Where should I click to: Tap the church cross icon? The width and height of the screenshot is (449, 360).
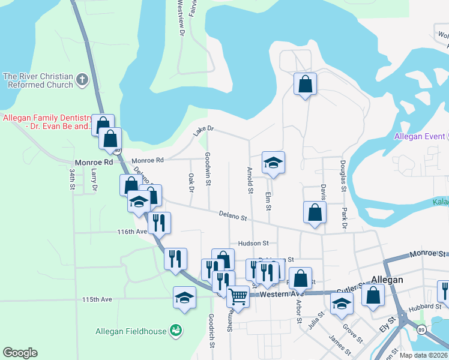pos(82,78)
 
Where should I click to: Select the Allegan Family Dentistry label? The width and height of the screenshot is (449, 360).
pos(48,122)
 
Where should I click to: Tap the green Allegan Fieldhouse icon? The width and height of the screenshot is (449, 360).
pos(175,329)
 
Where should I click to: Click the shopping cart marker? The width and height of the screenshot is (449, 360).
pos(238,296)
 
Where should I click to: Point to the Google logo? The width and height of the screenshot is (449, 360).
pos(20,353)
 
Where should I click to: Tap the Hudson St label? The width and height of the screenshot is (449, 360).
pos(253,243)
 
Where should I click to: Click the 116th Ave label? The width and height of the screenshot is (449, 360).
pos(133,231)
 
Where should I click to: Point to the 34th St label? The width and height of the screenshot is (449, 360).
pos(71,179)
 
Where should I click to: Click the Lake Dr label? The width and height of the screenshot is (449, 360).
pos(203,131)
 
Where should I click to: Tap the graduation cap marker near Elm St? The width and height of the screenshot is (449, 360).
pos(273,163)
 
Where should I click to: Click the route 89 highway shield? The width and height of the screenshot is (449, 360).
pos(421,331)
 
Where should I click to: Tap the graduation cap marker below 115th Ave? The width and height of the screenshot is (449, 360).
pos(184,298)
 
